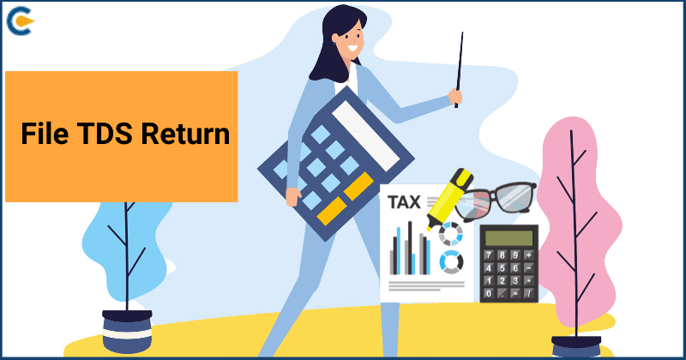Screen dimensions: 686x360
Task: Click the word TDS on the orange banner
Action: click(x=105, y=134)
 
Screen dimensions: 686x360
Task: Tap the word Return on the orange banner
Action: click(x=185, y=134)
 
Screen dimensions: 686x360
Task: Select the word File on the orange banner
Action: click(x=45, y=134)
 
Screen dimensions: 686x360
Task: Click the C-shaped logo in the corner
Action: click(x=20, y=21)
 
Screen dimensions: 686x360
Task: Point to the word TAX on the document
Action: click(x=404, y=202)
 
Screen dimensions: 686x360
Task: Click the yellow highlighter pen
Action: click(x=449, y=198)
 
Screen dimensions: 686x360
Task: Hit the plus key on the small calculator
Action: click(x=529, y=255)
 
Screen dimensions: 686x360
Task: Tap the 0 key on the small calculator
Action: click(x=489, y=293)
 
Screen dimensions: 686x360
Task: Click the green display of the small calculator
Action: click(x=508, y=238)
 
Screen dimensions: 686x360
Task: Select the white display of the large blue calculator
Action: click(x=366, y=135)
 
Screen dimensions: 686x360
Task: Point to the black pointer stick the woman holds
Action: click(x=459, y=69)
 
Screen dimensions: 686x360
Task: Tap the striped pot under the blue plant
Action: click(x=127, y=331)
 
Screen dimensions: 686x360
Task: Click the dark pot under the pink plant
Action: click(x=576, y=346)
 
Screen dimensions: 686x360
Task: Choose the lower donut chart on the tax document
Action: click(x=451, y=261)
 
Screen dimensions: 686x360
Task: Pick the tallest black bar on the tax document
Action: click(x=410, y=248)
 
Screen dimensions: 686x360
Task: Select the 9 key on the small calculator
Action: click(x=516, y=255)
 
